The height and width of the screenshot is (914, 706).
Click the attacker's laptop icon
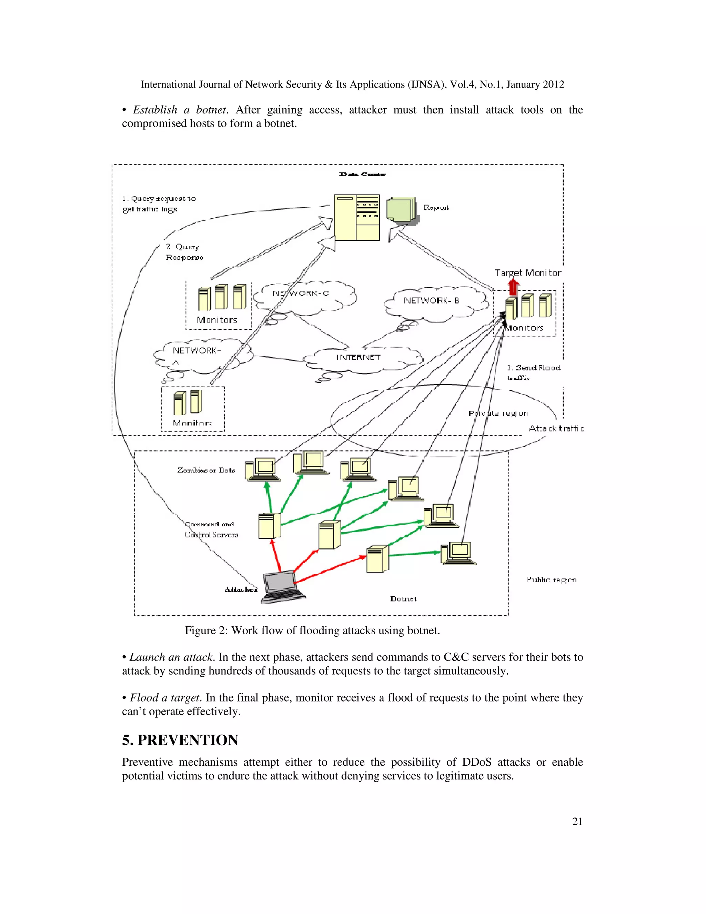tap(282, 587)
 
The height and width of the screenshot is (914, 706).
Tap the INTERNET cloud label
tap(359, 357)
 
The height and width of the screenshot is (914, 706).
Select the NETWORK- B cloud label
tap(431, 300)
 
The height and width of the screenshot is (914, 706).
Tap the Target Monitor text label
tap(527, 273)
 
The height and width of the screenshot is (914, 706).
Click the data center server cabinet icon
tap(356, 217)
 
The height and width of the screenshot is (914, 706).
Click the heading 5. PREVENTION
tap(180, 740)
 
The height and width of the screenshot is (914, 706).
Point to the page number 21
tap(577, 822)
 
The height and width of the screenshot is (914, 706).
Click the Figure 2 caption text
tap(312, 630)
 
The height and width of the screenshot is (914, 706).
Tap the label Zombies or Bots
tap(206, 470)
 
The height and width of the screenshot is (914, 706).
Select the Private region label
tap(498, 414)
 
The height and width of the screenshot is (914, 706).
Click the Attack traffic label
tap(556, 428)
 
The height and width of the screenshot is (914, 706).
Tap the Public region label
tap(551, 580)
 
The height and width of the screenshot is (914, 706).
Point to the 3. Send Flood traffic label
tap(533, 372)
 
